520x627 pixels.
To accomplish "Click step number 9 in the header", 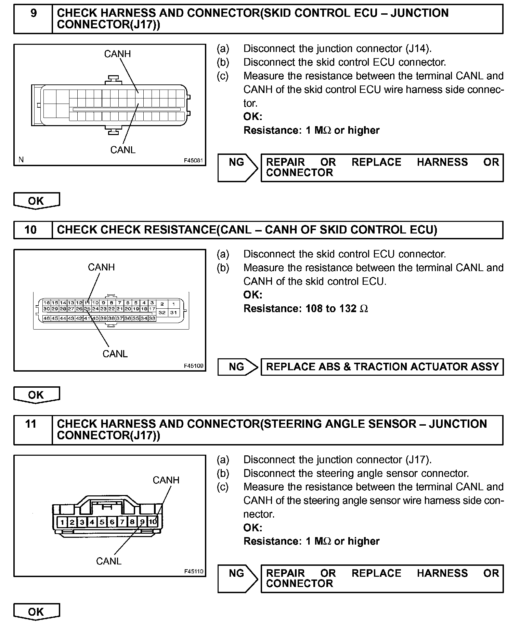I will point(34,14).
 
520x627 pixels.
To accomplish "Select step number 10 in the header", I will point(31,230).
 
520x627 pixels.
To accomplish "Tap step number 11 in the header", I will point(31,424).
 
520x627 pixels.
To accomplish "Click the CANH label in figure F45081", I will point(117,54).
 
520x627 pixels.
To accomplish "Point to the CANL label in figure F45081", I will point(123,150).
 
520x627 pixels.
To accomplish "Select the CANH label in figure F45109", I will point(101,267).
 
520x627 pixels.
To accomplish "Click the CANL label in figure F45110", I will point(109,561).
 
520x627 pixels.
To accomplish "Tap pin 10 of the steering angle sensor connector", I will point(153,522).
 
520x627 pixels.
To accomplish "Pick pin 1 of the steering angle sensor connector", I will point(62,522).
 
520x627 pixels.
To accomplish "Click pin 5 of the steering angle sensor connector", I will point(102,522).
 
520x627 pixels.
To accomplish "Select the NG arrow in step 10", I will point(237,367).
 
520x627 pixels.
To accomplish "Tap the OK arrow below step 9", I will point(36,201).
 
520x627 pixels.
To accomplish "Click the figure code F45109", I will point(194,366).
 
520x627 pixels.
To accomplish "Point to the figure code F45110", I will point(194,571).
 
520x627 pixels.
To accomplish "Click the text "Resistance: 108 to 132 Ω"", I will point(305,309).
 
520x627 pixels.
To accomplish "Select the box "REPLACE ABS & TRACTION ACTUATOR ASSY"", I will point(382,367).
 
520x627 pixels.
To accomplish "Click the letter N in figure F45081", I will point(21,160).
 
